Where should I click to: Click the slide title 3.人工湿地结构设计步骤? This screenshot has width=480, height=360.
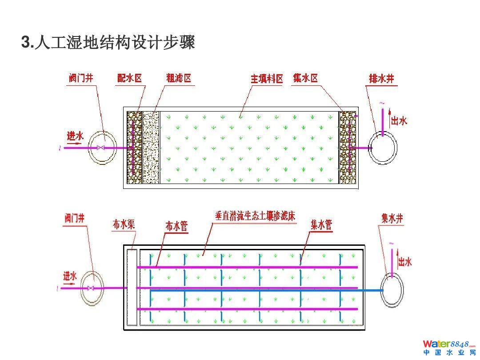108,43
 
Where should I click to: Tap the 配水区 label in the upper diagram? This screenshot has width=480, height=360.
129,79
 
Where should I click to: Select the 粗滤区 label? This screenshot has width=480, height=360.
178,79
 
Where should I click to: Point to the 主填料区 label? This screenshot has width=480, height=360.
267,79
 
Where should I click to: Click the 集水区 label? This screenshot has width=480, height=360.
305,78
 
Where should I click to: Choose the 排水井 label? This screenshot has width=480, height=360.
382,79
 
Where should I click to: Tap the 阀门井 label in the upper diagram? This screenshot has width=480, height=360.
81,78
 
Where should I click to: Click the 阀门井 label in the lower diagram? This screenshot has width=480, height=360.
74,218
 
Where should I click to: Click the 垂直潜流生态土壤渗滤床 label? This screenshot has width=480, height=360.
255,216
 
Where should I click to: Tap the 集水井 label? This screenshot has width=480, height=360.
392,219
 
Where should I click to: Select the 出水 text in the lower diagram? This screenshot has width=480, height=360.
404,261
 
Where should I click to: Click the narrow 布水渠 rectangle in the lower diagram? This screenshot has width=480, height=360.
132,288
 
